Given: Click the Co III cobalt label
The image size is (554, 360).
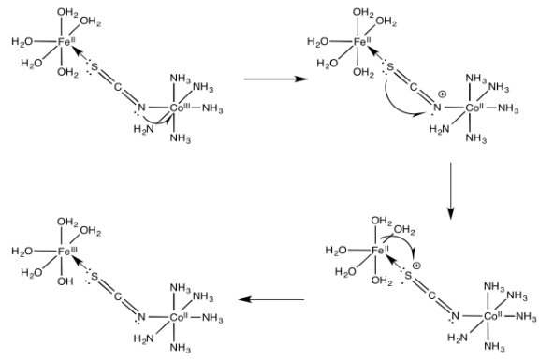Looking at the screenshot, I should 180,108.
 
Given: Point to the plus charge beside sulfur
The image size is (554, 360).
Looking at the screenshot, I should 417,266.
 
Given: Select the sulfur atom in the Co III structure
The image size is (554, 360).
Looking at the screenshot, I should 94,66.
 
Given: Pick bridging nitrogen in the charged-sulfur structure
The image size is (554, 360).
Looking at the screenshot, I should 455,317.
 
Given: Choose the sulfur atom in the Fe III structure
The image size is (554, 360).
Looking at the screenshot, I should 94,275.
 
